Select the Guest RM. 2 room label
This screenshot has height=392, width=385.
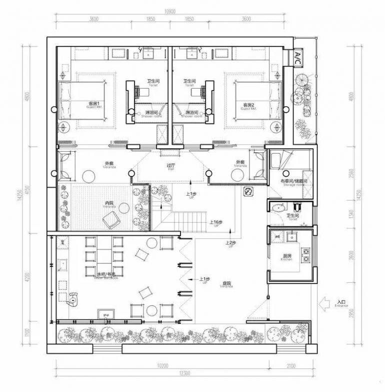[x=249, y=106]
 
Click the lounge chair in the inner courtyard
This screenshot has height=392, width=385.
[x=110, y=219]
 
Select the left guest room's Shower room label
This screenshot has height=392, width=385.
[x=149, y=114]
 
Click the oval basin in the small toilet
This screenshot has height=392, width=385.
[x=278, y=206]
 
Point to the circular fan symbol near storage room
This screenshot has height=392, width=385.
[x=248, y=192]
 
